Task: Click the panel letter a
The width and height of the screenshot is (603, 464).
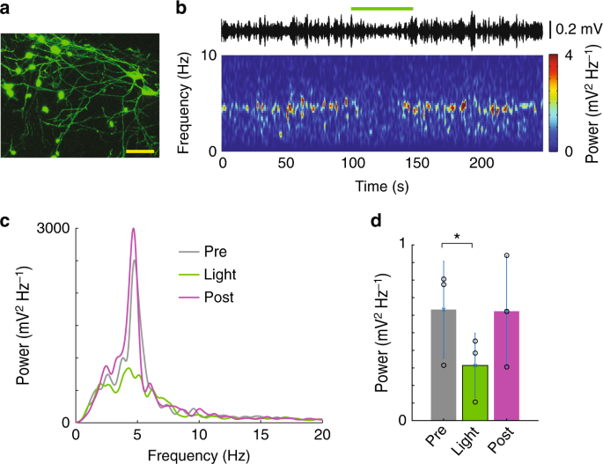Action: [x=6, y=9]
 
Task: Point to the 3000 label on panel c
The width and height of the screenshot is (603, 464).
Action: [x=53, y=228]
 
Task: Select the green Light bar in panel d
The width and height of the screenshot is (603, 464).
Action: [x=474, y=393]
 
